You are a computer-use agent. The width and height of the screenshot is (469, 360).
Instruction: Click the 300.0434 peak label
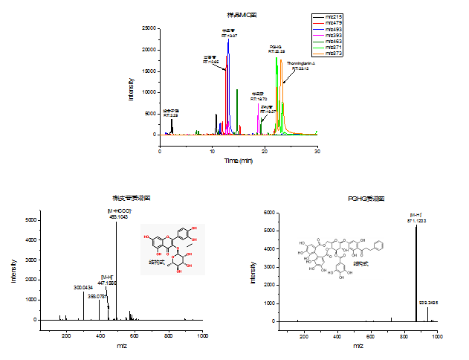[x=84, y=287]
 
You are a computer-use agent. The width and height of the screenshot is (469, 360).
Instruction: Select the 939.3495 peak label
[x=429, y=303]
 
